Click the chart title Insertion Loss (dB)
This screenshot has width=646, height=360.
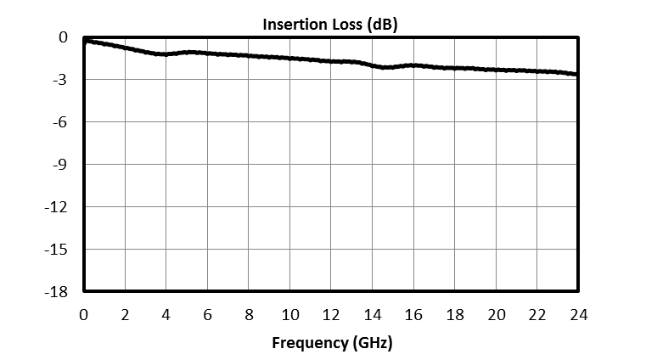tap(329, 25)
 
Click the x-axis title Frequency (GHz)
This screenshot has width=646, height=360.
tap(332, 344)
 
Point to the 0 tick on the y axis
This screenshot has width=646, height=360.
tap(63, 37)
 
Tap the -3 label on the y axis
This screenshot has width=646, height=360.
tap(60, 80)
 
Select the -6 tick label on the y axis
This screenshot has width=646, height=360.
tap(60, 122)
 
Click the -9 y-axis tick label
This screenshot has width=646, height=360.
tap(60, 165)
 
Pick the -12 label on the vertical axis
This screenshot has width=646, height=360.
tap(57, 207)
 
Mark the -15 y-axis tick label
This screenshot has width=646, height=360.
tap(57, 250)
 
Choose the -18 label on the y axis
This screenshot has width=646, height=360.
tap(57, 292)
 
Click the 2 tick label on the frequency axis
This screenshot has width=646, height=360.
tap(125, 315)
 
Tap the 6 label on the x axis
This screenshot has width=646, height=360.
tap(207, 315)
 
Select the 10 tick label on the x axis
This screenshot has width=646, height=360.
tap(289, 315)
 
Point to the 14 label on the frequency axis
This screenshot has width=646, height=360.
tap(372, 315)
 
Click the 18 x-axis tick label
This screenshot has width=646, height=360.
tap(455, 315)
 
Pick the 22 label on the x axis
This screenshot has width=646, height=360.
tap(537, 315)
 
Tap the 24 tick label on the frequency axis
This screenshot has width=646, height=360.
tap(578, 315)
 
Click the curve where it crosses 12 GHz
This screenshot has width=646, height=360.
tap(331, 61)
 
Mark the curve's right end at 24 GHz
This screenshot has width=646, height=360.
tap(577, 75)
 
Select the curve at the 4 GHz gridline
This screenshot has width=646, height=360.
tap(166, 54)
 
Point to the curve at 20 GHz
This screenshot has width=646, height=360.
tap(496, 70)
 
